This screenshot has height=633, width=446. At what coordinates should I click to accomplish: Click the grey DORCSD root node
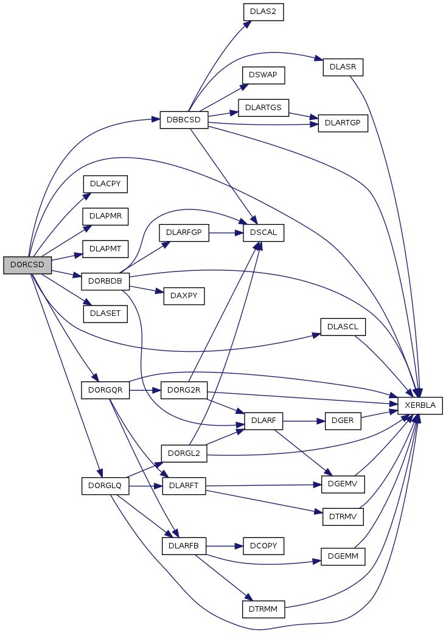27,265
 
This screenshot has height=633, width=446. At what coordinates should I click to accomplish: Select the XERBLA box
420,405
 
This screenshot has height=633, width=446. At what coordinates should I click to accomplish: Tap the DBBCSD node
184,120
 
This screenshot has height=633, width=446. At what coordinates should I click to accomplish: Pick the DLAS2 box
263,12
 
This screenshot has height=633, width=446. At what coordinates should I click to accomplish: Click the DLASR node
343,67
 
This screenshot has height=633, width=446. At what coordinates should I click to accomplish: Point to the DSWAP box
263,75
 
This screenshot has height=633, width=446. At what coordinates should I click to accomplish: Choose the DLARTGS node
263,108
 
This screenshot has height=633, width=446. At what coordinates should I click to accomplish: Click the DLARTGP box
343,123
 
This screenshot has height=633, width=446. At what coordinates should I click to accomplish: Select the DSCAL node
263,233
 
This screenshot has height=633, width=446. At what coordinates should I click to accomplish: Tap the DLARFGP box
184,233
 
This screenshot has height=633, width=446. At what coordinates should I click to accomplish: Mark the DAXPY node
184,296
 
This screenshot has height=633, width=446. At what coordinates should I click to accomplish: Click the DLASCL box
343,327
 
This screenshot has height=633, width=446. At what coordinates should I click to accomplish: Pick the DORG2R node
184,390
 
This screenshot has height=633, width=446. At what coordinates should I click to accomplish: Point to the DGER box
343,421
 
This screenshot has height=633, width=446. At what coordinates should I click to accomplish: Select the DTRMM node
263,609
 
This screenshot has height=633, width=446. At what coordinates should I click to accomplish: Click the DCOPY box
263,546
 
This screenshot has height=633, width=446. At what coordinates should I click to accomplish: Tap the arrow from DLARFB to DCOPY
225,546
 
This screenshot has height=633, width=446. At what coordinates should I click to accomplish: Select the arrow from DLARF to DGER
304,421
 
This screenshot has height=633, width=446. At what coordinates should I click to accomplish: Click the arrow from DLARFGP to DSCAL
226,233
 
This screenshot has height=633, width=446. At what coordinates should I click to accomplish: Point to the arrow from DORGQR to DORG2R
145,390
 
